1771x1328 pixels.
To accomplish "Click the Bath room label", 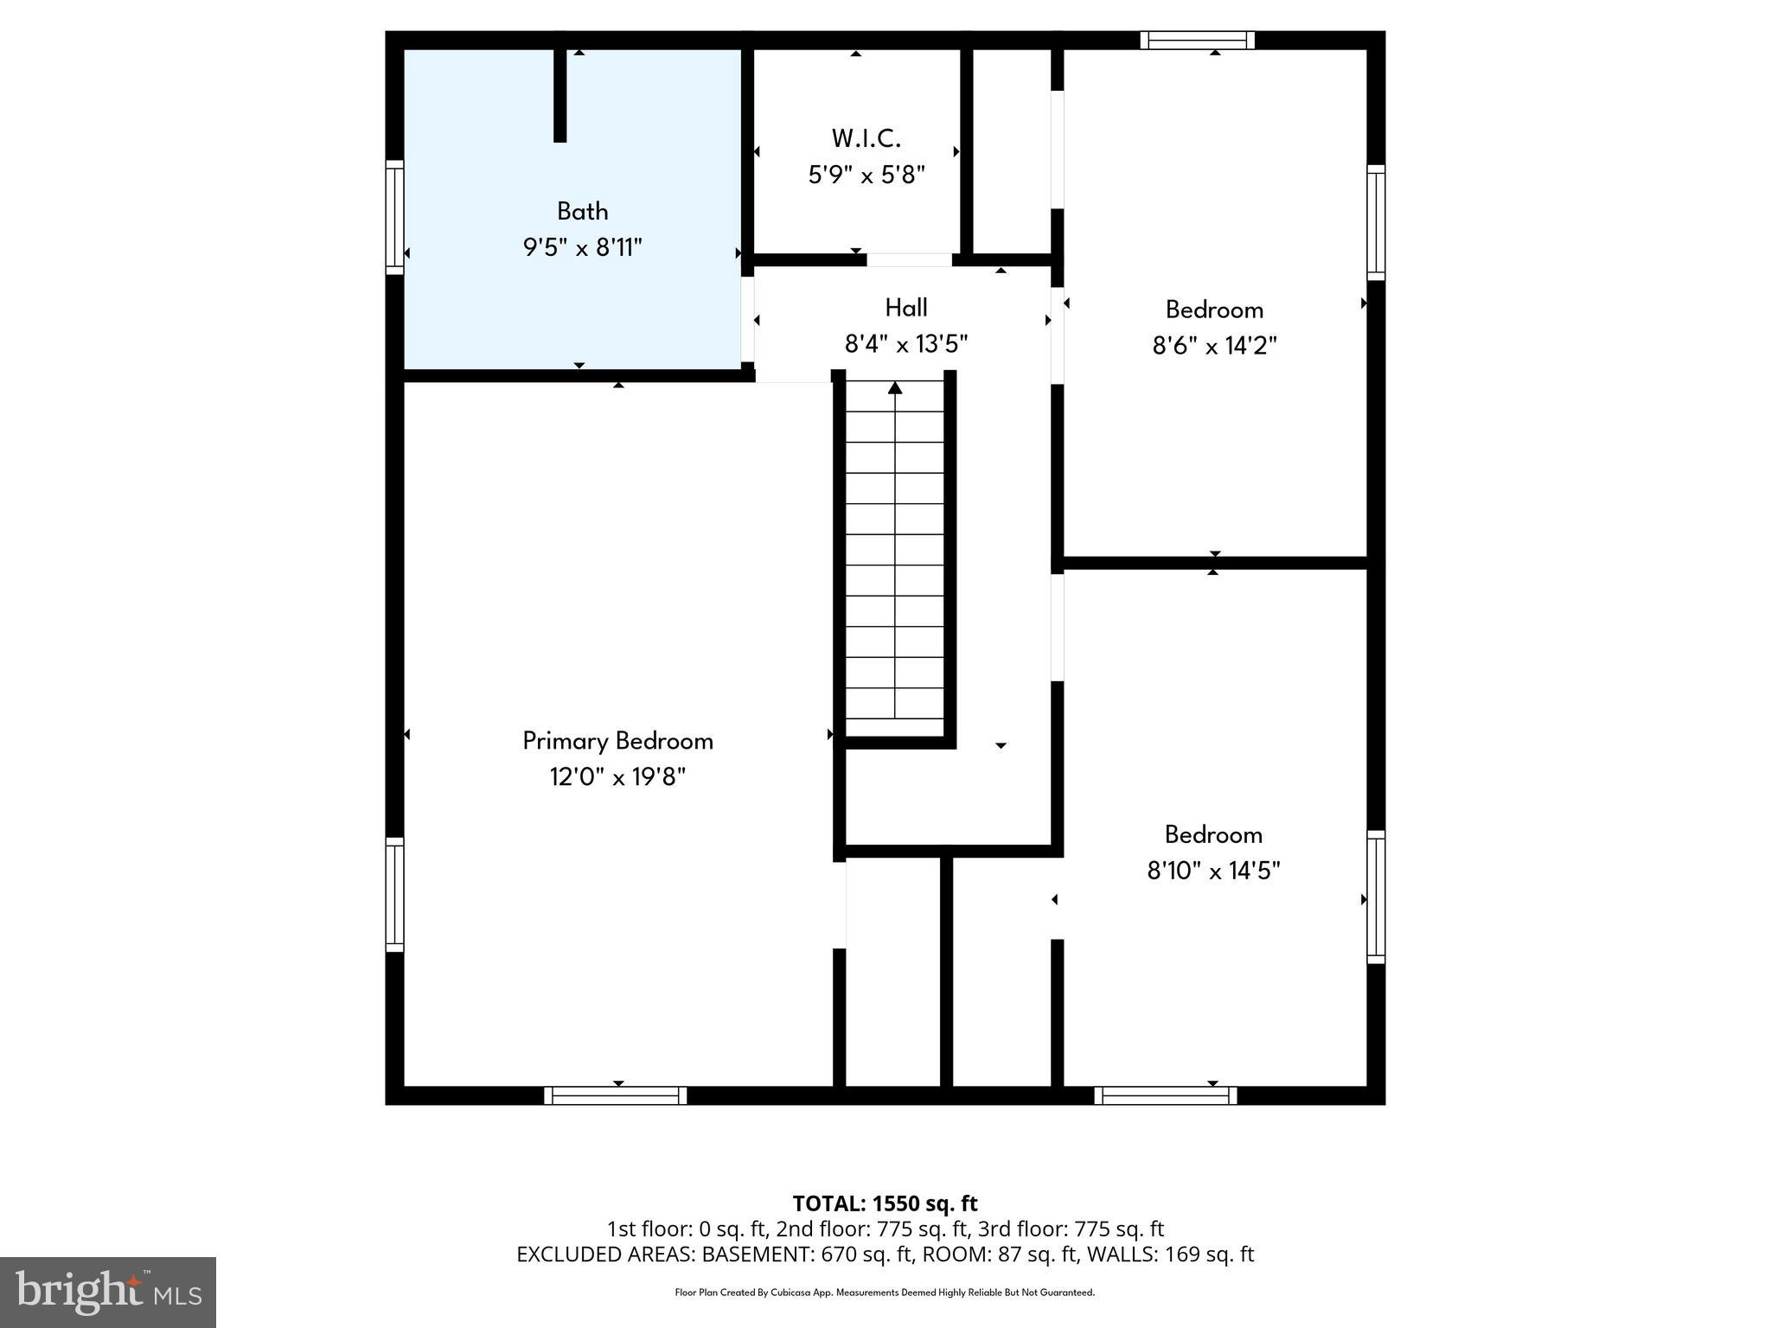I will [x=582, y=211].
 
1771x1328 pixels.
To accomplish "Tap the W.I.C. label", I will [x=866, y=138].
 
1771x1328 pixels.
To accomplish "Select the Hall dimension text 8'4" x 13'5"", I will [x=905, y=345].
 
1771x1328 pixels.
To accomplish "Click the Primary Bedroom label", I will [x=617, y=741].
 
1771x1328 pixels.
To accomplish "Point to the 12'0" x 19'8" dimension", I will [x=617, y=777].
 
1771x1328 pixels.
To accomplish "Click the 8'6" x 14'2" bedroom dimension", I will [x=1214, y=346].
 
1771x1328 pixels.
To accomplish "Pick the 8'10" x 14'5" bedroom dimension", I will [x=1213, y=871].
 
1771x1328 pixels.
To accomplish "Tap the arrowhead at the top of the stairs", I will [x=895, y=388].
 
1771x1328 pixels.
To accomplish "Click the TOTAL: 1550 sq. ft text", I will [x=885, y=1203].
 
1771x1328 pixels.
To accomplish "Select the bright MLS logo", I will [x=108, y=1292].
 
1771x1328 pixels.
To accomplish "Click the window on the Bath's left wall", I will [x=394, y=217].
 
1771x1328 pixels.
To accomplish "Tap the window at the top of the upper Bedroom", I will [x=1197, y=40].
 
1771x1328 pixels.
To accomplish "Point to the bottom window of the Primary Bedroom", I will [x=616, y=1095].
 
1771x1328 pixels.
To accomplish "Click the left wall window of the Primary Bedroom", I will [x=394, y=895].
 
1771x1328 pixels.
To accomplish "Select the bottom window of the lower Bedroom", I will [x=1165, y=1095].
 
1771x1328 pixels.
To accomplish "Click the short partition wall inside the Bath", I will [x=559, y=95].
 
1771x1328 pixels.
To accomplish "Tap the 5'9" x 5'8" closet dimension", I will [x=866, y=176].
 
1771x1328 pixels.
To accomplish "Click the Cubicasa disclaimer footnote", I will [x=885, y=1293].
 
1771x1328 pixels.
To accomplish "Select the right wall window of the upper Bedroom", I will [x=1375, y=223].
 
